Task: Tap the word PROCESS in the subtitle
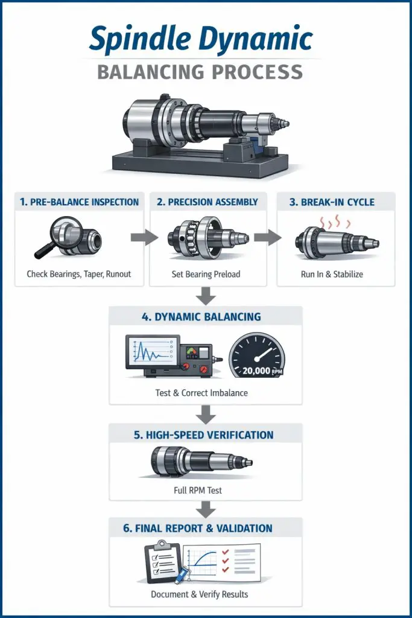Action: tap(257, 72)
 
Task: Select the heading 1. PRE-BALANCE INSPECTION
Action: tap(79, 202)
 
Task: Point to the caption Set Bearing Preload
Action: tap(206, 275)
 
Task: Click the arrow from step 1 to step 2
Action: tap(144, 237)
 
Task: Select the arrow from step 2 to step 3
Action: tap(267, 237)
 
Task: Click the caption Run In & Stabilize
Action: tap(332, 275)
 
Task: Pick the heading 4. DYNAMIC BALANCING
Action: tap(201, 317)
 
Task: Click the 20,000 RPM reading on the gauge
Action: tap(262, 371)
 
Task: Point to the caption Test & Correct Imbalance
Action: tap(201, 393)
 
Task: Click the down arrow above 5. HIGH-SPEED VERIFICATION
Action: tap(206, 415)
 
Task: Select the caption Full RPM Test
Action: tap(198, 490)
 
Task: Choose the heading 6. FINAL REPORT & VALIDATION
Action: tap(198, 529)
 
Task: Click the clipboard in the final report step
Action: tap(164, 563)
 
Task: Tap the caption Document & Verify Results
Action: tap(199, 594)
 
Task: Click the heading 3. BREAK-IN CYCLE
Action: tap(332, 202)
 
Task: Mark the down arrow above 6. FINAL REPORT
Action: tap(206, 509)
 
